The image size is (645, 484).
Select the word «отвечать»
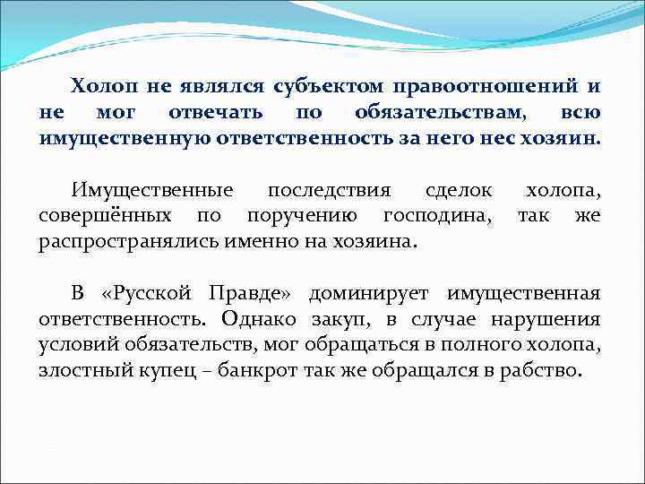coord(216,113)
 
